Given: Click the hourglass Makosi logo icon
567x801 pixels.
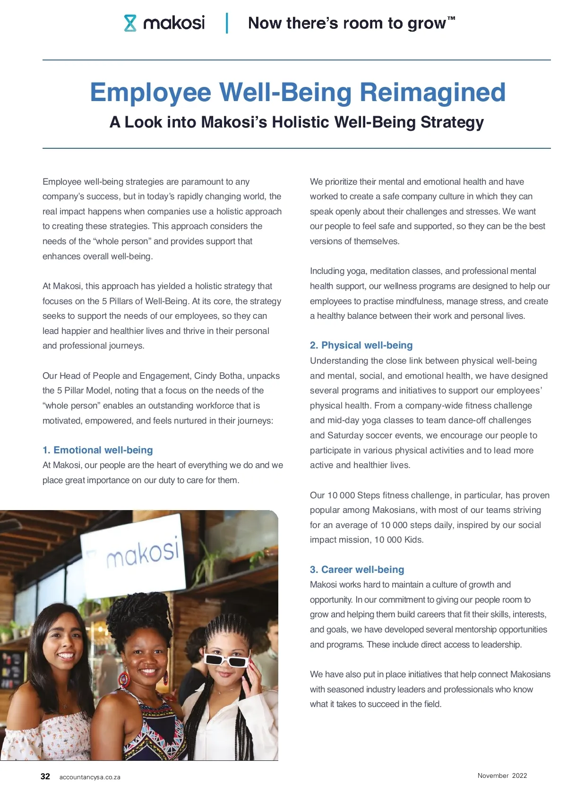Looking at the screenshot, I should (x=130, y=23).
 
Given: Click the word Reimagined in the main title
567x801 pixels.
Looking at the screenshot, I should (x=432, y=92).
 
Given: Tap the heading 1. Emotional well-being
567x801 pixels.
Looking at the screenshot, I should (x=98, y=450).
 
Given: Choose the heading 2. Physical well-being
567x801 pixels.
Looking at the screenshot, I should (x=361, y=345).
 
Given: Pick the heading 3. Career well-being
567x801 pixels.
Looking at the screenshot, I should (x=357, y=570).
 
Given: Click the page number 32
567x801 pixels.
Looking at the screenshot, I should (x=45, y=776).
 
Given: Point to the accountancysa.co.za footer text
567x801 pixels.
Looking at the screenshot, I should (x=90, y=777).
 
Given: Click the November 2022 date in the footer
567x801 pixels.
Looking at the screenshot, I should (x=502, y=775).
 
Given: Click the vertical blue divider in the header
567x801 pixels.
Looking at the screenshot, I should (x=227, y=23).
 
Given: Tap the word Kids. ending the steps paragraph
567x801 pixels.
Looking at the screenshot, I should (x=413, y=540).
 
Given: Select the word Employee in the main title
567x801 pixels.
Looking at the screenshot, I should (x=150, y=92).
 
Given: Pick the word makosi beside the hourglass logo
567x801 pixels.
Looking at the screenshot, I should (x=174, y=23).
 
